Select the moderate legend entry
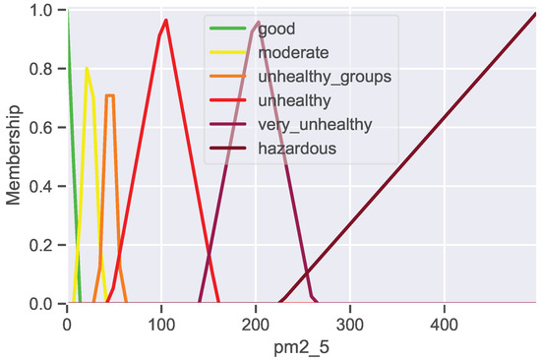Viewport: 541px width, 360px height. (x=295, y=51)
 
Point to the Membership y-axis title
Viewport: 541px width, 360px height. (x=15, y=157)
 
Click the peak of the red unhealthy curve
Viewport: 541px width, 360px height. (x=166, y=21)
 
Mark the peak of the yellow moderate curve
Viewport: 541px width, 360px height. (x=87, y=68)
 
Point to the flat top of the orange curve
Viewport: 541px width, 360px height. (x=110, y=95)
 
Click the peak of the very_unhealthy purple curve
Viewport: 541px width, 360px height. (x=258, y=22)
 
